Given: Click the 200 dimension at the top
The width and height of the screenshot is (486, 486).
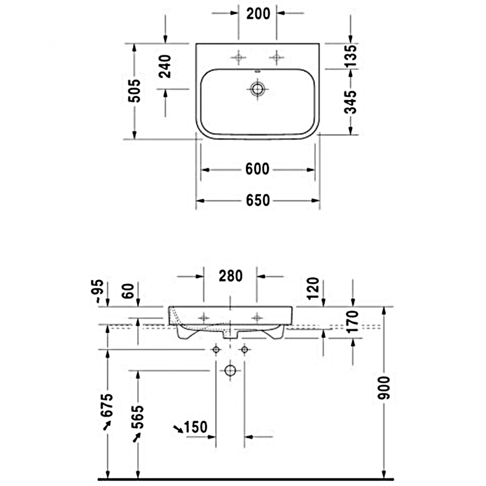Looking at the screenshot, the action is click(258, 13).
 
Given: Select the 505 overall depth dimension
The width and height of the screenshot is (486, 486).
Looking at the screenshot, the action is click(134, 91).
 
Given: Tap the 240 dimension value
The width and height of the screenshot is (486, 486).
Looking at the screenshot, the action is click(165, 66).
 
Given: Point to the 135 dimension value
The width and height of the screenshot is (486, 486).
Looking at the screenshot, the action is click(350, 56).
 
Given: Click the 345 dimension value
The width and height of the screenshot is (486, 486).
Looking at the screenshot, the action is click(350, 102).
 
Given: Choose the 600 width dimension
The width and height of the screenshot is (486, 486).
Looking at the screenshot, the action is click(257, 169).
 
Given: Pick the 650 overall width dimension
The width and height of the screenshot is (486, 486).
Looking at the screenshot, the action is click(258, 200).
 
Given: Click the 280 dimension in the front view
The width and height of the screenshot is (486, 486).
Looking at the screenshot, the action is click(231, 276).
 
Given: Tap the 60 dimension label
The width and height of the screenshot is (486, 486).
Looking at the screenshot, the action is click(127, 291).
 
